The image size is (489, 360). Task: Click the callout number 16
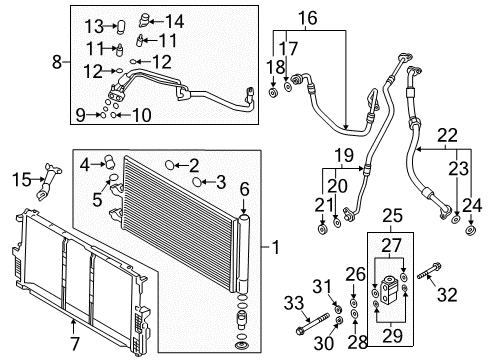coord(307,17)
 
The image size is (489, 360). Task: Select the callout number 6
coord(243,187)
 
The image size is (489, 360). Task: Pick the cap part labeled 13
coord(118,26)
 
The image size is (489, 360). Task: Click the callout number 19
coord(344,156)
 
